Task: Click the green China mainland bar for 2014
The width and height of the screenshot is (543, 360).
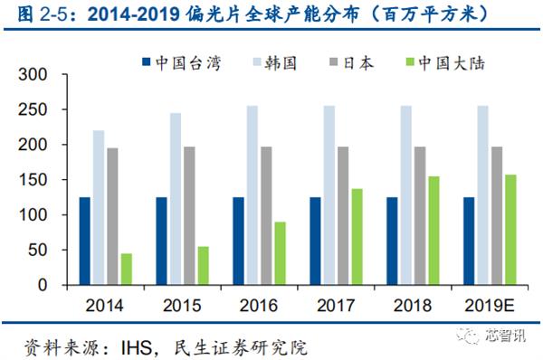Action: pos(126,269)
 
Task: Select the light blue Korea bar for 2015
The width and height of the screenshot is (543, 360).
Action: pos(176,199)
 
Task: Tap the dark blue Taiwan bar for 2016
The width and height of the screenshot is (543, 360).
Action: pos(239,241)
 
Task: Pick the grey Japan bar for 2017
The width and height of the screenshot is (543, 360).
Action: pos(344,215)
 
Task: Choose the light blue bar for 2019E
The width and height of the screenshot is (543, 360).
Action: pos(484,195)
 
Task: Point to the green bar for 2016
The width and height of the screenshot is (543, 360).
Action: pos(281,253)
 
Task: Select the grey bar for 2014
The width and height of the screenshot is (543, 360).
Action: pos(112,216)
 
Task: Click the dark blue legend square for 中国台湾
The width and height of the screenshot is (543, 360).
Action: pos(147,63)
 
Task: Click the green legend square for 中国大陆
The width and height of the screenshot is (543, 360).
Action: pos(409,63)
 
